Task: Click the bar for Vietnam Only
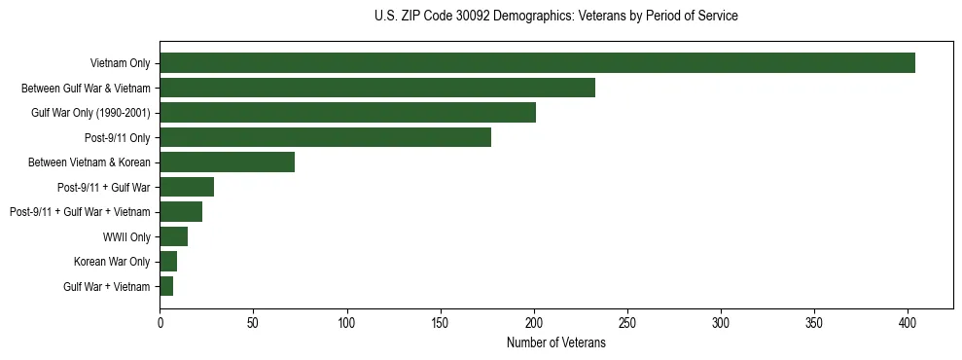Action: (x=537, y=63)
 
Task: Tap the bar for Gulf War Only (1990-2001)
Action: (x=347, y=113)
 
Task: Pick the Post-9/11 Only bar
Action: (x=325, y=137)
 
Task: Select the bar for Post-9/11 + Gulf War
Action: (x=187, y=187)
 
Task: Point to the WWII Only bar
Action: (x=173, y=236)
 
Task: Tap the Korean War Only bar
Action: (x=168, y=262)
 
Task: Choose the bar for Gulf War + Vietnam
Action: (x=166, y=286)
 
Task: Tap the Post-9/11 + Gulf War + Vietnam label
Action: (x=80, y=212)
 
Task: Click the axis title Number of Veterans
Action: (x=555, y=342)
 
